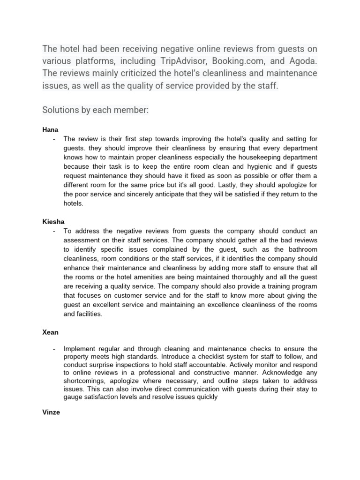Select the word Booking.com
(226, 61)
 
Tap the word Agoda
(301, 61)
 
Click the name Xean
(50, 331)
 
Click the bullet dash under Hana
(55, 139)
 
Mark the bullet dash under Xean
(55, 349)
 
